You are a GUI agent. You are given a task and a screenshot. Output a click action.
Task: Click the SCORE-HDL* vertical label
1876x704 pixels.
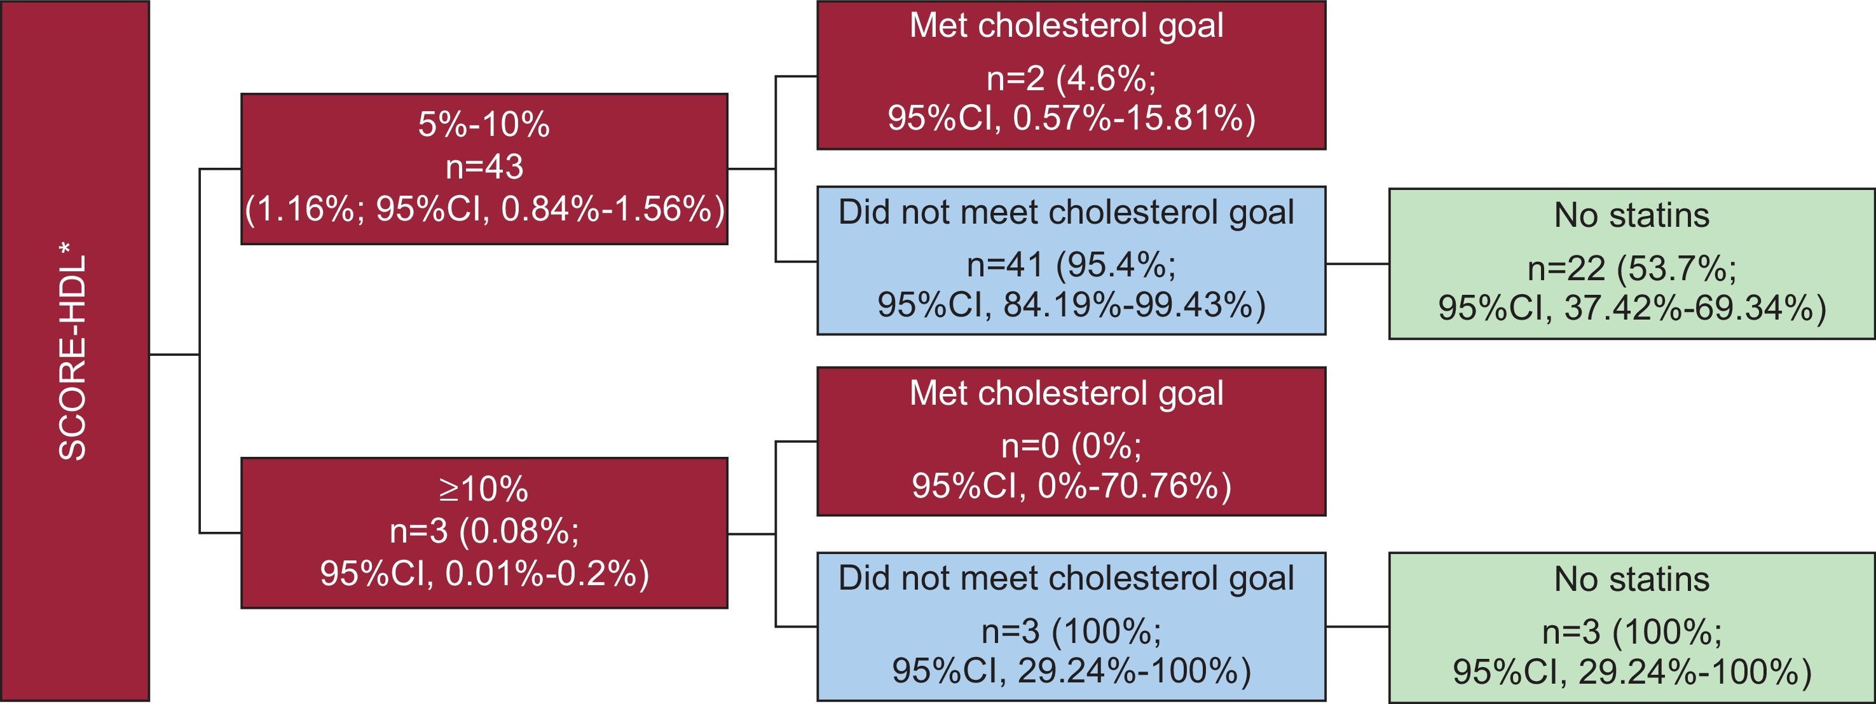pyautogui.click(x=73, y=356)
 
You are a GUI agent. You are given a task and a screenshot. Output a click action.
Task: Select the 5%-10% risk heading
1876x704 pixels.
pyautogui.click(x=484, y=125)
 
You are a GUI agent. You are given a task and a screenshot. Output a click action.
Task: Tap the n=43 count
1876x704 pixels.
pyautogui.click(x=484, y=166)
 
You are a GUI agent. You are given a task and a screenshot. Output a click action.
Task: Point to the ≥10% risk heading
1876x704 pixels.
pyautogui.click(x=484, y=489)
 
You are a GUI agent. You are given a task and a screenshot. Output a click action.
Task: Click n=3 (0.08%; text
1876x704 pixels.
pyautogui.click(x=484, y=531)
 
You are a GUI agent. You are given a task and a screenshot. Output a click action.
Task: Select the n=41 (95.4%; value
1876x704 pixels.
pyautogui.click(x=1071, y=265)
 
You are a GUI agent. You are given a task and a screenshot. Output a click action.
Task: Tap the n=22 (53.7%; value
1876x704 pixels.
pyautogui.click(x=1631, y=269)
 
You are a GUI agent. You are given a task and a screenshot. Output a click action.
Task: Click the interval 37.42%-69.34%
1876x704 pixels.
pyautogui.click(x=1695, y=309)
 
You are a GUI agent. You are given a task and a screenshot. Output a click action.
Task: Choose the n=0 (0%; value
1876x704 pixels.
pyautogui.click(x=1071, y=445)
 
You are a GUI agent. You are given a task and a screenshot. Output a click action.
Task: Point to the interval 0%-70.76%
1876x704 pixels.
pyautogui.click(x=1133, y=485)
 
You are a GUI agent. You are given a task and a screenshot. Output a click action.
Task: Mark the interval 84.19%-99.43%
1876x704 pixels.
pyautogui.click(x=1133, y=305)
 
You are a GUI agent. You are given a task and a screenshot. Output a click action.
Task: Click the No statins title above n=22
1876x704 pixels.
pyautogui.click(x=1631, y=215)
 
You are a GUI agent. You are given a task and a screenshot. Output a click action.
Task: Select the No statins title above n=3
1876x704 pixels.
pyautogui.click(x=1631, y=579)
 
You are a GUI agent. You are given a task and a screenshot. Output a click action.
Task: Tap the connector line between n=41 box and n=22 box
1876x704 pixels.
pyautogui.click(x=1357, y=264)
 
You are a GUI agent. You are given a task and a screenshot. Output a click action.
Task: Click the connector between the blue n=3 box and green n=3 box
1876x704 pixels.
pyautogui.click(x=1357, y=626)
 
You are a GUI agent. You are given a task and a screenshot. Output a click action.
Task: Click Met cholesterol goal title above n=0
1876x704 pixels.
pyautogui.click(x=1066, y=393)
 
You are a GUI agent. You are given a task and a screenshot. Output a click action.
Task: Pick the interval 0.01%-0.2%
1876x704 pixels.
pyautogui.click(x=546, y=574)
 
